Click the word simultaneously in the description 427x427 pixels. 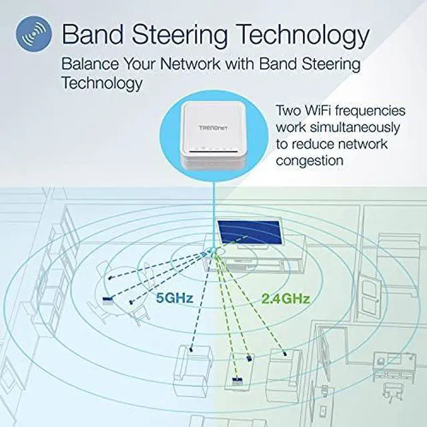point(338,127)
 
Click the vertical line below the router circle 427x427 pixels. point(213,207)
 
